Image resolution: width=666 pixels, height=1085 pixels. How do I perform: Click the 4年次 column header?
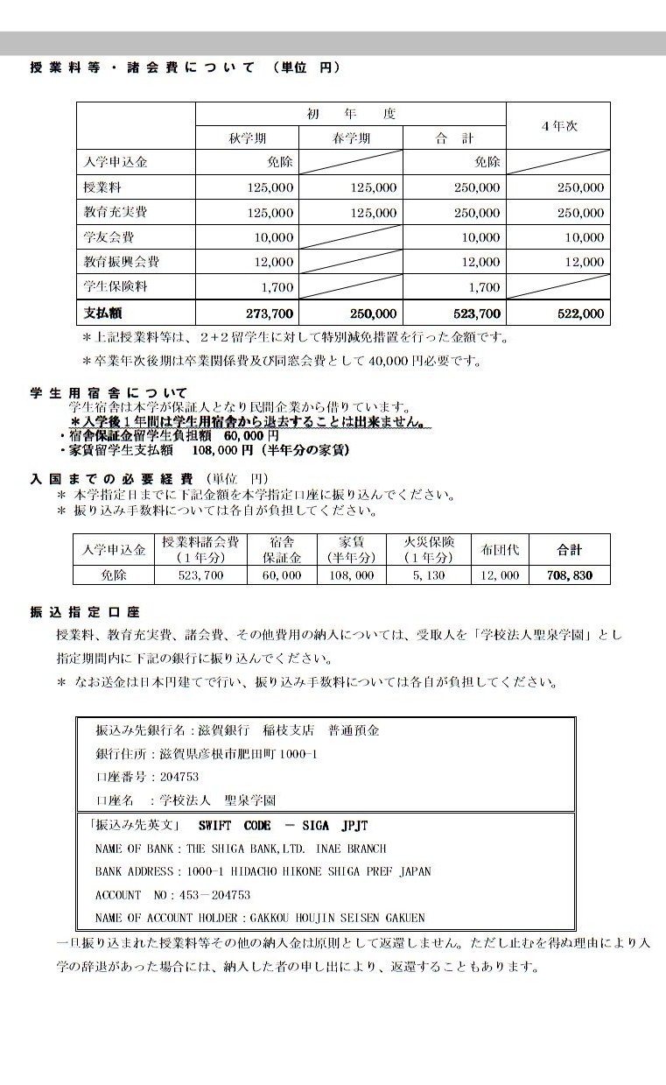pos(559,126)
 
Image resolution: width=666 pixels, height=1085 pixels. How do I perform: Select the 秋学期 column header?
pos(248,138)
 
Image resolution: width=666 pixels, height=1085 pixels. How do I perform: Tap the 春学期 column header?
pos(351,138)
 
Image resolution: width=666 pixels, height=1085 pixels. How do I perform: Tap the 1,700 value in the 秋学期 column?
pos(277,287)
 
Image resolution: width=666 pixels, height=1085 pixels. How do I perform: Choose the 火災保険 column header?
pos(430,549)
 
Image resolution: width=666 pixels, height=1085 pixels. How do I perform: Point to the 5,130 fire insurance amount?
pos(430,575)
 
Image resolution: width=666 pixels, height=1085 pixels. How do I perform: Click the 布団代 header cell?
pos(501,549)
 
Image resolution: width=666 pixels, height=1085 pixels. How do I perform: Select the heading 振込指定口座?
pos(85,612)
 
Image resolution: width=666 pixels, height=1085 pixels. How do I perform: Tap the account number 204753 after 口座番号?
pos(179,777)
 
